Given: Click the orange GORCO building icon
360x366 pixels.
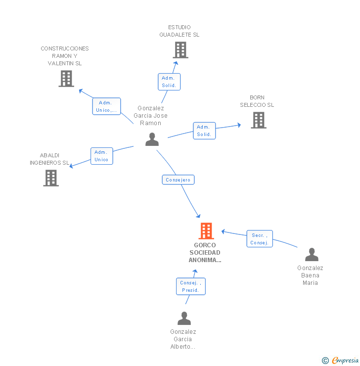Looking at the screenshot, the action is click(206, 231).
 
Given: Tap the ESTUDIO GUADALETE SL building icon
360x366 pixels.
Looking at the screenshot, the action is click(180, 50).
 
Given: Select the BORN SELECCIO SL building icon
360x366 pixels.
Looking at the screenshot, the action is click(259, 120).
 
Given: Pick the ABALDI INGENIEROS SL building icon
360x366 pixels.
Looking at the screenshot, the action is click(51, 178).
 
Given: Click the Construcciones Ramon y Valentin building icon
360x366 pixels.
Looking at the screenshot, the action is click(66, 79).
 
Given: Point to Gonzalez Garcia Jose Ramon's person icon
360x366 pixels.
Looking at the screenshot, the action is click(152, 139).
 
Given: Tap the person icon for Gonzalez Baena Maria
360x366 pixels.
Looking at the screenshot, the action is click(312, 254).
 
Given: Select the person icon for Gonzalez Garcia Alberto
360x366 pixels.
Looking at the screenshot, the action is click(184, 319).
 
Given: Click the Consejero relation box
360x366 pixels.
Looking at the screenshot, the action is click(178, 180).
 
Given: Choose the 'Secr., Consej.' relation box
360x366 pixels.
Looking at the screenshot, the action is click(260, 239).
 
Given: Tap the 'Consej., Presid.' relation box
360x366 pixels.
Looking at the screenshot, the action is click(191, 286).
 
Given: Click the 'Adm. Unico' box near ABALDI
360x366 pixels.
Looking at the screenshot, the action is click(102, 156).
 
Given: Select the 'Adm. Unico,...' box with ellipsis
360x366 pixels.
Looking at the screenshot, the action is click(106, 106).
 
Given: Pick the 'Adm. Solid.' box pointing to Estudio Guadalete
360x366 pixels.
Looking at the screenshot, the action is click(169, 82).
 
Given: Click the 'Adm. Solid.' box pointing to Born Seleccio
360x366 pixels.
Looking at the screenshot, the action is click(204, 131).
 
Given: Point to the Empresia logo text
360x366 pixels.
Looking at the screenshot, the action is click(345, 361).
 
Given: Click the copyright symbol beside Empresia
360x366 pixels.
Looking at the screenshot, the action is click(325, 361).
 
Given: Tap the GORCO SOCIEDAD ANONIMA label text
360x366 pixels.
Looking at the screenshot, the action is click(205, 253).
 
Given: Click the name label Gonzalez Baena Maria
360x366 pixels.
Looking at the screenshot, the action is click(310, 275).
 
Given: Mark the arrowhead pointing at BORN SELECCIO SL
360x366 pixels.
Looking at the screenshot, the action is click(239, 125).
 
